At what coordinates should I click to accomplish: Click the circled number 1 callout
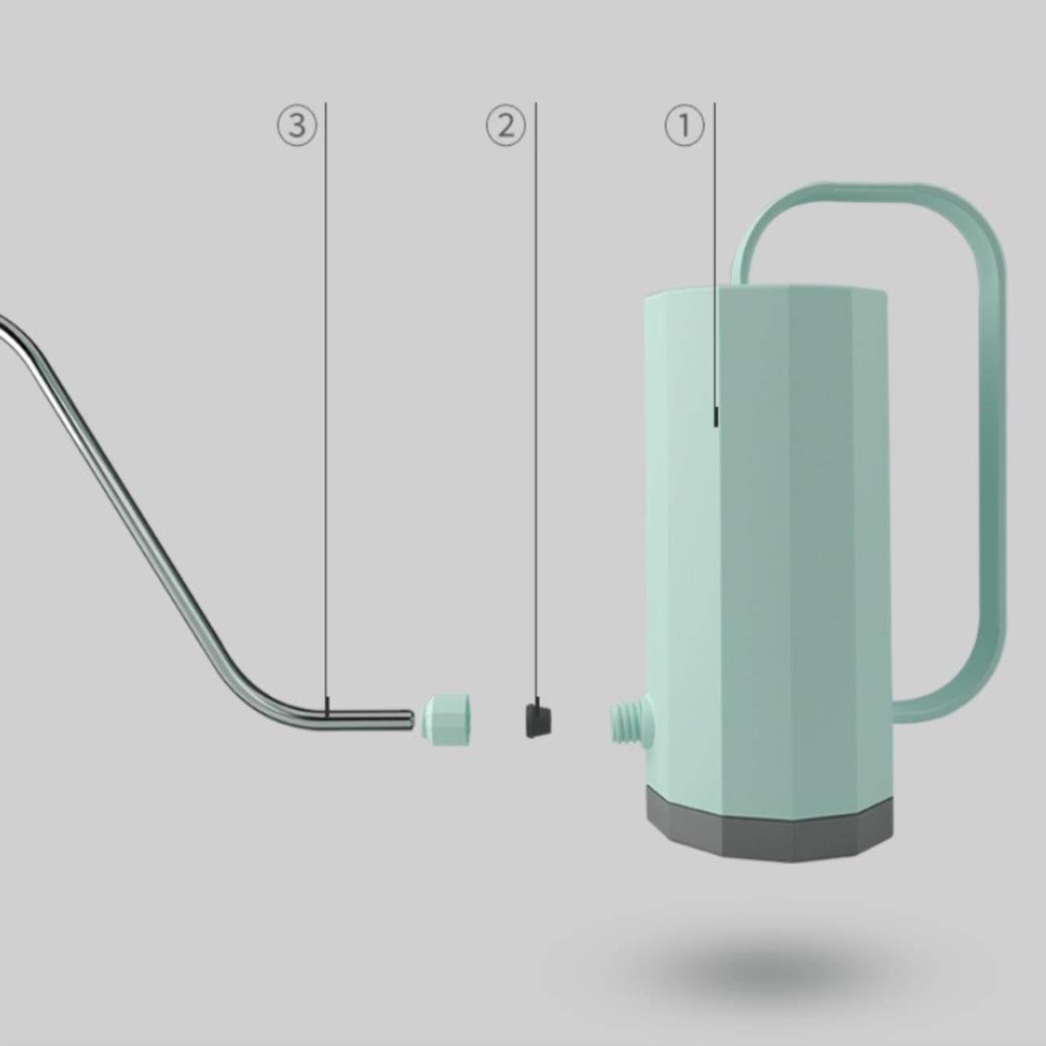(684, 126)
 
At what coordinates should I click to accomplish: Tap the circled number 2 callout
(505, 126)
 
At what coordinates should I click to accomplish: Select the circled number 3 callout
(297, 126)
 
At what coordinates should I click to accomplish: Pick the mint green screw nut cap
(447, 719)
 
